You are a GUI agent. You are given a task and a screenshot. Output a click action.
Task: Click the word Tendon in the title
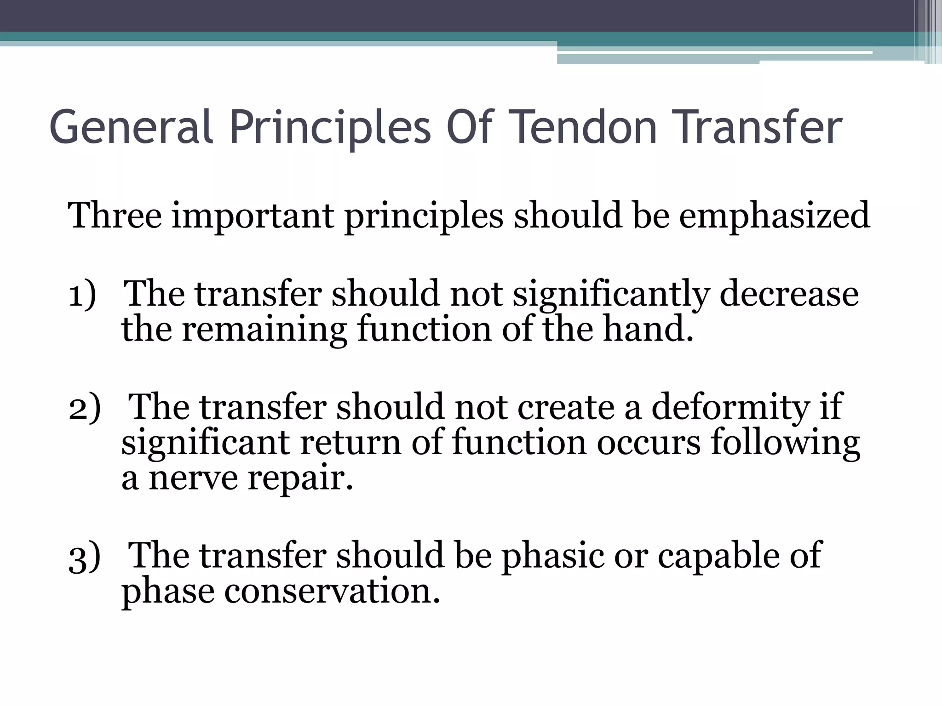click(584, 127)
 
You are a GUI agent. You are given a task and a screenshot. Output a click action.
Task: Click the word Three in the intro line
click(115, 215)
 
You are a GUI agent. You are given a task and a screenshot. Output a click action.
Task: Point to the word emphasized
click(775, 216)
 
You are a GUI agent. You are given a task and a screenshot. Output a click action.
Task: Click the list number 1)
click(82, 294)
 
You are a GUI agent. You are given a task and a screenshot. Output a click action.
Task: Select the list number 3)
click(84, 557)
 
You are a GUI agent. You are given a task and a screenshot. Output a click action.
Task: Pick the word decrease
click(789, 294)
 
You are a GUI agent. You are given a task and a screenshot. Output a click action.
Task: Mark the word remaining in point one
click(264, 330)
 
